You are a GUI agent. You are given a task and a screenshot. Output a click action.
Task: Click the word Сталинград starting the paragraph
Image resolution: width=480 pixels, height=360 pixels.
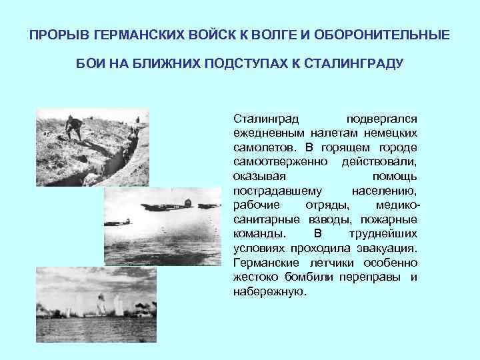point(262,118)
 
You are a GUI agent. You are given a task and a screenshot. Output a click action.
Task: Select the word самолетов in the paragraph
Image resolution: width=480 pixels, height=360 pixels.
point(261,147)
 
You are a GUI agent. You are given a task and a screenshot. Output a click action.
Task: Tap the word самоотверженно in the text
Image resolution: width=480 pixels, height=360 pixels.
point(280,161)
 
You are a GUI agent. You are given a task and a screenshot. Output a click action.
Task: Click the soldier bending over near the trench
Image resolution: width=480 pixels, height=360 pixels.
point(75,127)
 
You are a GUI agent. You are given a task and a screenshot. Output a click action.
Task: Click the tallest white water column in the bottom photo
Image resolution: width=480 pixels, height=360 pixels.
point(101,305)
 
